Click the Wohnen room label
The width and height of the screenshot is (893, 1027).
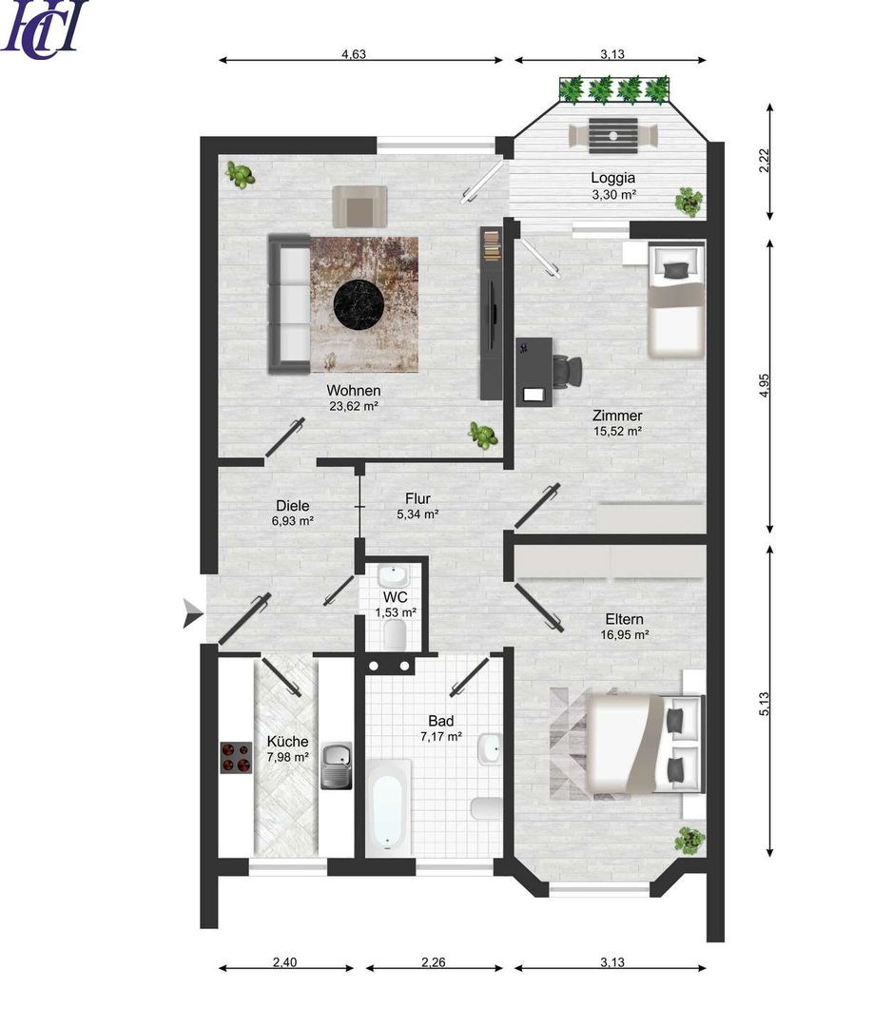353,391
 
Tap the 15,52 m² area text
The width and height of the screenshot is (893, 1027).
617,431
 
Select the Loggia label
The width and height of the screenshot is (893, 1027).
612,178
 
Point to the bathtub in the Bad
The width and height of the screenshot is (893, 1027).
388,807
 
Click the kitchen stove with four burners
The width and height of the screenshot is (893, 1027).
236,758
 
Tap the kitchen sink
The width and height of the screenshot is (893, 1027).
337,765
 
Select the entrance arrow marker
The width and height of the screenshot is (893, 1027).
192,613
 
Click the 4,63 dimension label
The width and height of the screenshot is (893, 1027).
354,54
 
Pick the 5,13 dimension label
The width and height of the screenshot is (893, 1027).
764,704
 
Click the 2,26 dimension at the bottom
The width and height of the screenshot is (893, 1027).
433,962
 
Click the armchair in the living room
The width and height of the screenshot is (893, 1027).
359,205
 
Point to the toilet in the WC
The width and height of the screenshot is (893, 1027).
395,634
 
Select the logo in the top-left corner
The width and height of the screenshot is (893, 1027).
43,28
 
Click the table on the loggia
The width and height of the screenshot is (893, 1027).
612,136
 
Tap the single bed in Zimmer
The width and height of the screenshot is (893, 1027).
676,300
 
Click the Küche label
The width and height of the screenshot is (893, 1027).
287,742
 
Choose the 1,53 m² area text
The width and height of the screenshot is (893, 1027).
396,612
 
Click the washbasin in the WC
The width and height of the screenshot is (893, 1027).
393,576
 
